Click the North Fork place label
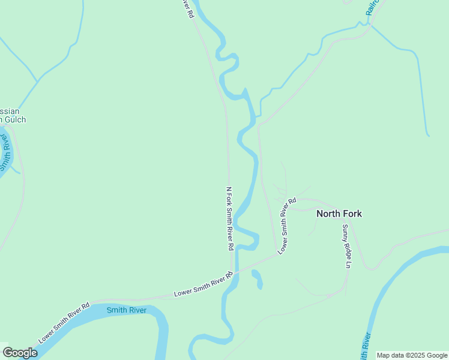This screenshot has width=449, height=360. click(339, 214)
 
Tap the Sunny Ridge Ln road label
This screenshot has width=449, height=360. click(346, 246)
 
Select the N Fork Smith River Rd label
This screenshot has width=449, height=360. click(229, 218)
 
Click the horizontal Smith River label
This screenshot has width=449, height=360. click(127, 310)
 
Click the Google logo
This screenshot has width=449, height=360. click(20, 353)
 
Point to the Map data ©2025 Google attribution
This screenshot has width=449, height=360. click(412, 355)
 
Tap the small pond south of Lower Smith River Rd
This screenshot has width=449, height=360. click(257, 279)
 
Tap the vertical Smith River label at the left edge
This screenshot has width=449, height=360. click(6, 152)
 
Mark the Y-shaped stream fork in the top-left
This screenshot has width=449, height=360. click(38, 81)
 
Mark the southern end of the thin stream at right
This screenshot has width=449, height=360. click(428, 135)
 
